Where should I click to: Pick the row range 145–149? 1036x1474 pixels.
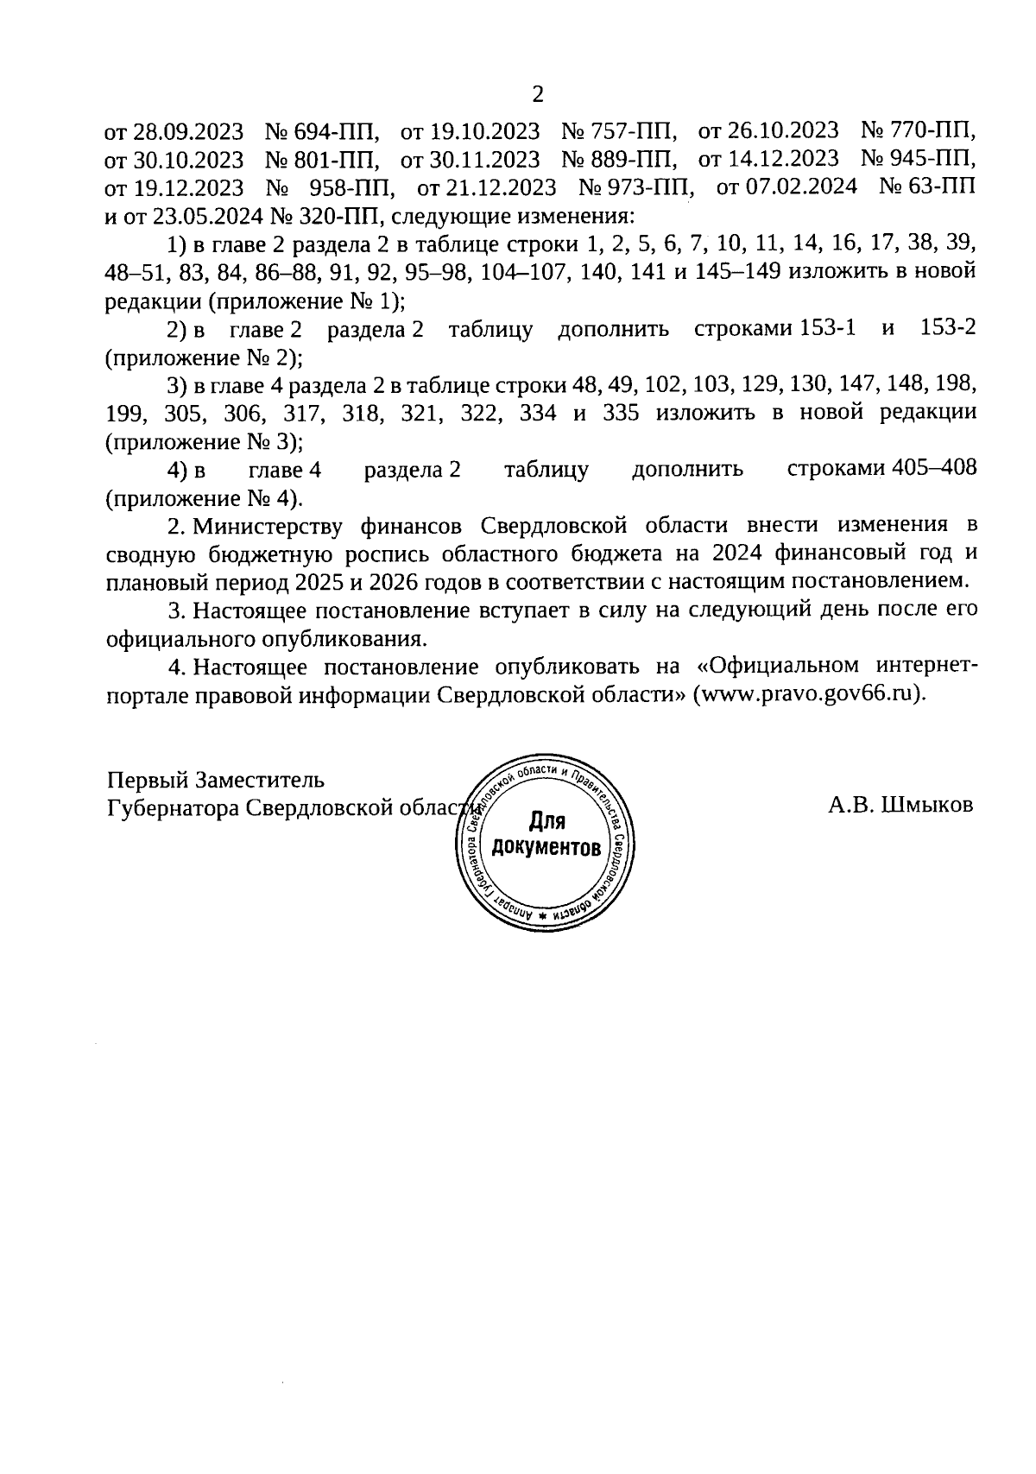[737, 271]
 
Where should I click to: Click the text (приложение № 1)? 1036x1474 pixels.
[255, 300]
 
